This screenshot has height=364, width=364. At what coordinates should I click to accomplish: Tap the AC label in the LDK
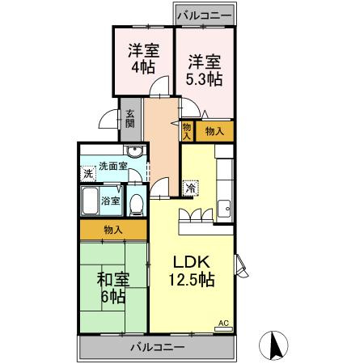pyautogui.click(x=224, y=324)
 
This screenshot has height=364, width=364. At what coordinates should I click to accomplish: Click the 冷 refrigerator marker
pyautogui.click(x=191, y=187)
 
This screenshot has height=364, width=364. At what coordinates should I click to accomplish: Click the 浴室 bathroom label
pyautogui.click(x=111, y=200)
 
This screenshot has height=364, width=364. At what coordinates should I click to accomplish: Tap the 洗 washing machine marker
pyautogui.click(x=87, y=173)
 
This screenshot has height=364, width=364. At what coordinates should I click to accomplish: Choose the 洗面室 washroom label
pyautogui.click(x=113, y=167)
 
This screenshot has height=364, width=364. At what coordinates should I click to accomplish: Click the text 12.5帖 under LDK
pyautogui.click(x=191, y=280)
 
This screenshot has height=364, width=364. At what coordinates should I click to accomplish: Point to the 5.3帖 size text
pyautogui.click(x=205, y=78)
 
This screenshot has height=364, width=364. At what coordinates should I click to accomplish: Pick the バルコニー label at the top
pyautogui.click(x=204, y=15)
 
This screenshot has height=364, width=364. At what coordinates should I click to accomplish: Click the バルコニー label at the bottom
pyautogui.click(x=157, y=346)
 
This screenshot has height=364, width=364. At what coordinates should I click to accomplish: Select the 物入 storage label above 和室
pyautogui.click(x=113, y=231)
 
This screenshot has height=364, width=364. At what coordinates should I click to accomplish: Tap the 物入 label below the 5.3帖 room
pyautogui.click(x=214, y=129)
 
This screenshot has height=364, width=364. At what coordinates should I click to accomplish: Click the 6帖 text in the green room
pyautogui.click(x=113, y=297)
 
